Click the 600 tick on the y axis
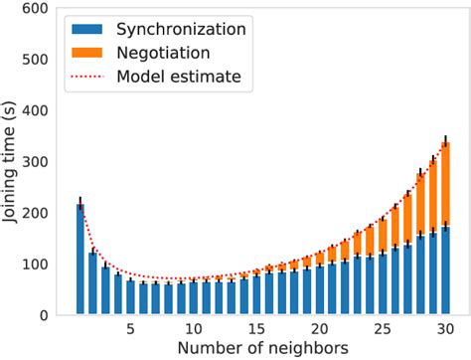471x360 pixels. click(x=45, y=9)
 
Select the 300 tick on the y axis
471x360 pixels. click(x=45, y=162)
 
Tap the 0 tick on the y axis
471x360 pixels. click(x=55, y=315)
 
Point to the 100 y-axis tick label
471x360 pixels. click(x=45, y=265)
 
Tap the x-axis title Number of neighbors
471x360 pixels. click(x=255, y=349)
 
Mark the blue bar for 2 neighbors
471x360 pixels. click(x=92, y=283)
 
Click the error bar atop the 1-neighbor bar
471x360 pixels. click(x=80, y=203)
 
